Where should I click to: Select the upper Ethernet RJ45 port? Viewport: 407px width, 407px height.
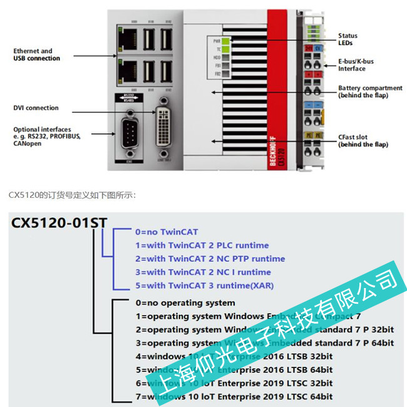coord(126,35)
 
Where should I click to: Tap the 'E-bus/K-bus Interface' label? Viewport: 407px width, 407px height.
coord(360,65)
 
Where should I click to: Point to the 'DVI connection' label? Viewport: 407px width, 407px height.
coord(36,108)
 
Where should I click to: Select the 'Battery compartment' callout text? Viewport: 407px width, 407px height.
coord(366,91)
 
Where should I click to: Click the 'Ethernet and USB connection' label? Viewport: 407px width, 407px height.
coord(37,54)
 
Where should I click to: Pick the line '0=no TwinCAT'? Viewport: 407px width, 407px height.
coord(166,232)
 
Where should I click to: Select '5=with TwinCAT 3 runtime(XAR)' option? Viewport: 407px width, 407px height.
coord(204,286)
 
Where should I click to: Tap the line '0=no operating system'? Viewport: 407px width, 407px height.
coord(185,302)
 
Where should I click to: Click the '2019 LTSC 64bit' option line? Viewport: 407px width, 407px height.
coord(234,396)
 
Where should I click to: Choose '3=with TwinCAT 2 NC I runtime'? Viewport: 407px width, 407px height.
coord(203,272)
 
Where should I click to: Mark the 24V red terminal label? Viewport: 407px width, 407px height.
coord(309,47)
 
